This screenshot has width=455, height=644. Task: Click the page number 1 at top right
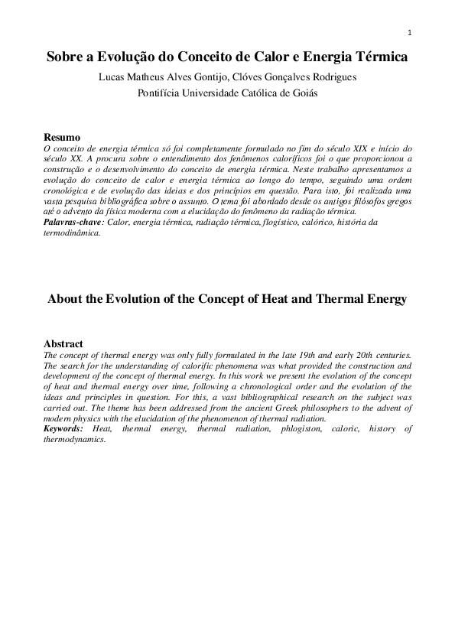410,32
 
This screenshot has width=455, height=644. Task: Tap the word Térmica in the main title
379,57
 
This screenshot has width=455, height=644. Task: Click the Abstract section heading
63,344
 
